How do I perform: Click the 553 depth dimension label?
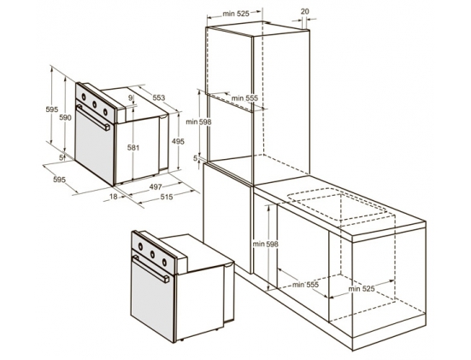point(159,97)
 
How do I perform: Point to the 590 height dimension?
point(65,117)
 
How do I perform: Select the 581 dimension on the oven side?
point(133,148)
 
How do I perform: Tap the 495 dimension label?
point(178,141)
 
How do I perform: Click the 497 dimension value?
point(156,186)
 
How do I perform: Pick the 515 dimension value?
point(167,197)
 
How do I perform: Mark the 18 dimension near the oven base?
point(113,197)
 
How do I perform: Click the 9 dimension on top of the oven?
point(130,97)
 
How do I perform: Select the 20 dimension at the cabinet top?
point(304,11)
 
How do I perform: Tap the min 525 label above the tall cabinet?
point(236,14)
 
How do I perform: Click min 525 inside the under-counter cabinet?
point(362,289)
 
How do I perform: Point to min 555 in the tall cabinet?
point(244,98)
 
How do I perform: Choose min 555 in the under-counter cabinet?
point(305,285)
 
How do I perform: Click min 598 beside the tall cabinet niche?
point(198,121)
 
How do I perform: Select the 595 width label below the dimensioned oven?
point(59,180)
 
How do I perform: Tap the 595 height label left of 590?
point(52,109)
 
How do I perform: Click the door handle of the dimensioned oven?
point(93,117)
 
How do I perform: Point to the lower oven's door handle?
point(150,269)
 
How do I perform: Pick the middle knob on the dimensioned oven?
point(95,104)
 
